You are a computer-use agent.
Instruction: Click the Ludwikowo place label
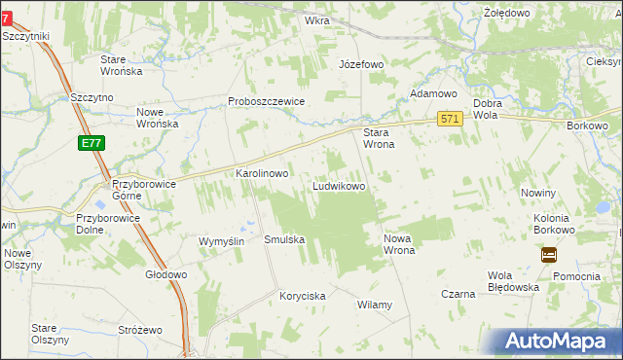(339, 185)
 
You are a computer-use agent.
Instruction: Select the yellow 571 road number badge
(449, 118)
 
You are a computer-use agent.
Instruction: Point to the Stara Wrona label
(378, 138)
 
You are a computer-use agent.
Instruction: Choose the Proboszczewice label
(267, 101)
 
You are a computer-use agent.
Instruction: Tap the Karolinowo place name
(263, 173)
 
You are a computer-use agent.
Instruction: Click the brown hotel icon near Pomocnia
(549, 255)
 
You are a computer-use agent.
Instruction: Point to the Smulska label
(284, 239)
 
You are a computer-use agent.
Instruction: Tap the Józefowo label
(361, 64)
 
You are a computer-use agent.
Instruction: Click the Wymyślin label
(220, 241)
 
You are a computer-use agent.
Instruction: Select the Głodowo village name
(165, 274)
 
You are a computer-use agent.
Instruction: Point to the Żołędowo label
(506, 13)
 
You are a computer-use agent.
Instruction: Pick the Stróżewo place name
(139, 331)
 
